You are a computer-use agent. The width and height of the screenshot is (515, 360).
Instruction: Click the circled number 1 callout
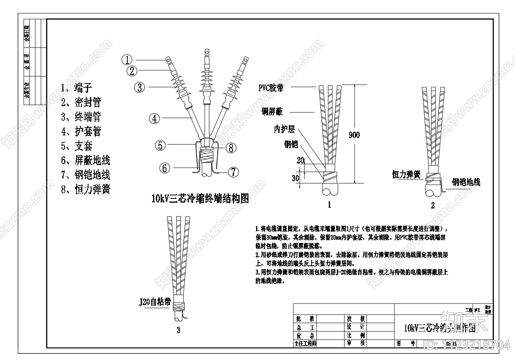[x=127, y=60]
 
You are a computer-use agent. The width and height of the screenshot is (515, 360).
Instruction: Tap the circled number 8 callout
[x=230, y=147]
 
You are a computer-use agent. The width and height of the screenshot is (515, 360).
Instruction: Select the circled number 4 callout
[x=154, y=118]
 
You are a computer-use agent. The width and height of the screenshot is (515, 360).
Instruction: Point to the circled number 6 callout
[x=164, y=168]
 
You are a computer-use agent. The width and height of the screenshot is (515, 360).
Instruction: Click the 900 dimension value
[x=354, y=135]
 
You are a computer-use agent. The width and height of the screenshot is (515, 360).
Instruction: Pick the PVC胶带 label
[x=271, y=88]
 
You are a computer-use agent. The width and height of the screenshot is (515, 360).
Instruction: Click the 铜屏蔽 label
[x=272, y=112]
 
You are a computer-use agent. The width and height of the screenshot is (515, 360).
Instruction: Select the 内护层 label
[x=284, y=129]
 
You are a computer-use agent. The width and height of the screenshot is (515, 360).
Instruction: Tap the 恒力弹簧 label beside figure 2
[x=407, y=175]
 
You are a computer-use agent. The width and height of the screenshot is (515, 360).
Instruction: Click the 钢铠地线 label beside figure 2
[x=466, y=182]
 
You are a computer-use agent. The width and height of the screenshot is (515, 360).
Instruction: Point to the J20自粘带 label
[x=155, y=302]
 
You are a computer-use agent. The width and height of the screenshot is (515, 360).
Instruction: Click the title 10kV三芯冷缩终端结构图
[x=200, y=198]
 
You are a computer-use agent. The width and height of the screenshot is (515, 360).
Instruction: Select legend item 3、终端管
[x=81, y=117]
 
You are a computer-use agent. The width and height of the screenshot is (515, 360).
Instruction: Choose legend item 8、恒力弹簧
[x=86, y=189]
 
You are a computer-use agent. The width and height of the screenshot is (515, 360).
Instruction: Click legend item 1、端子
[x=77, y=88]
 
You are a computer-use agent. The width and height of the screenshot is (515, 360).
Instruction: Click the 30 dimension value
[x=295, y=178]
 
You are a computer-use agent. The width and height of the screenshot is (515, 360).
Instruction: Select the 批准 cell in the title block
[x=305, y=319]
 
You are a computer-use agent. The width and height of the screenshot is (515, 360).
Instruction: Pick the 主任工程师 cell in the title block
[x=305, y=343]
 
